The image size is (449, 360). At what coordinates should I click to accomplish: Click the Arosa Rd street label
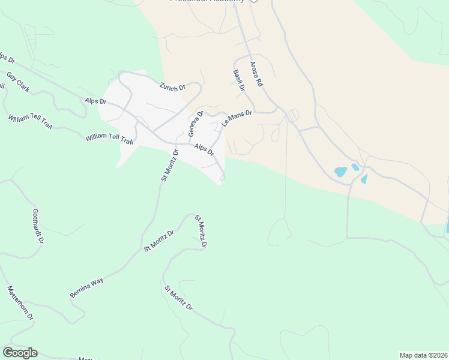pyautogui.click(x=256, y=73)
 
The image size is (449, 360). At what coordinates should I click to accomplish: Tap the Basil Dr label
pyautogui.click(x=239, y=80)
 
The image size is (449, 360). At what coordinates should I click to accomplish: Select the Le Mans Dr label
pyautogui.click(x=238, y=118)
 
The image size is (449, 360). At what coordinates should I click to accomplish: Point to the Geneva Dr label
pyautogui.click(x=196, y=124)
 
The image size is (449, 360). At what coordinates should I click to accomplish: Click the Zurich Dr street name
pyautogui.click(x=172, y=87)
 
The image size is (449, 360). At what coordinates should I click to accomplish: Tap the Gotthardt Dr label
pyautogui.click(x=38, y=226)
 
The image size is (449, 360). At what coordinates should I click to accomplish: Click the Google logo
pyautogui.click(x=20, y=353)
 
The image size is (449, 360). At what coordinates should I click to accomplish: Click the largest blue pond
pyautogui.click(x=341, y=172)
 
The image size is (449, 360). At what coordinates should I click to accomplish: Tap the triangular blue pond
pyautogui.click(x=364, y=179)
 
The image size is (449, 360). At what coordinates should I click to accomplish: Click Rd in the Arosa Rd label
pyautogui.click(x=259, y=81)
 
